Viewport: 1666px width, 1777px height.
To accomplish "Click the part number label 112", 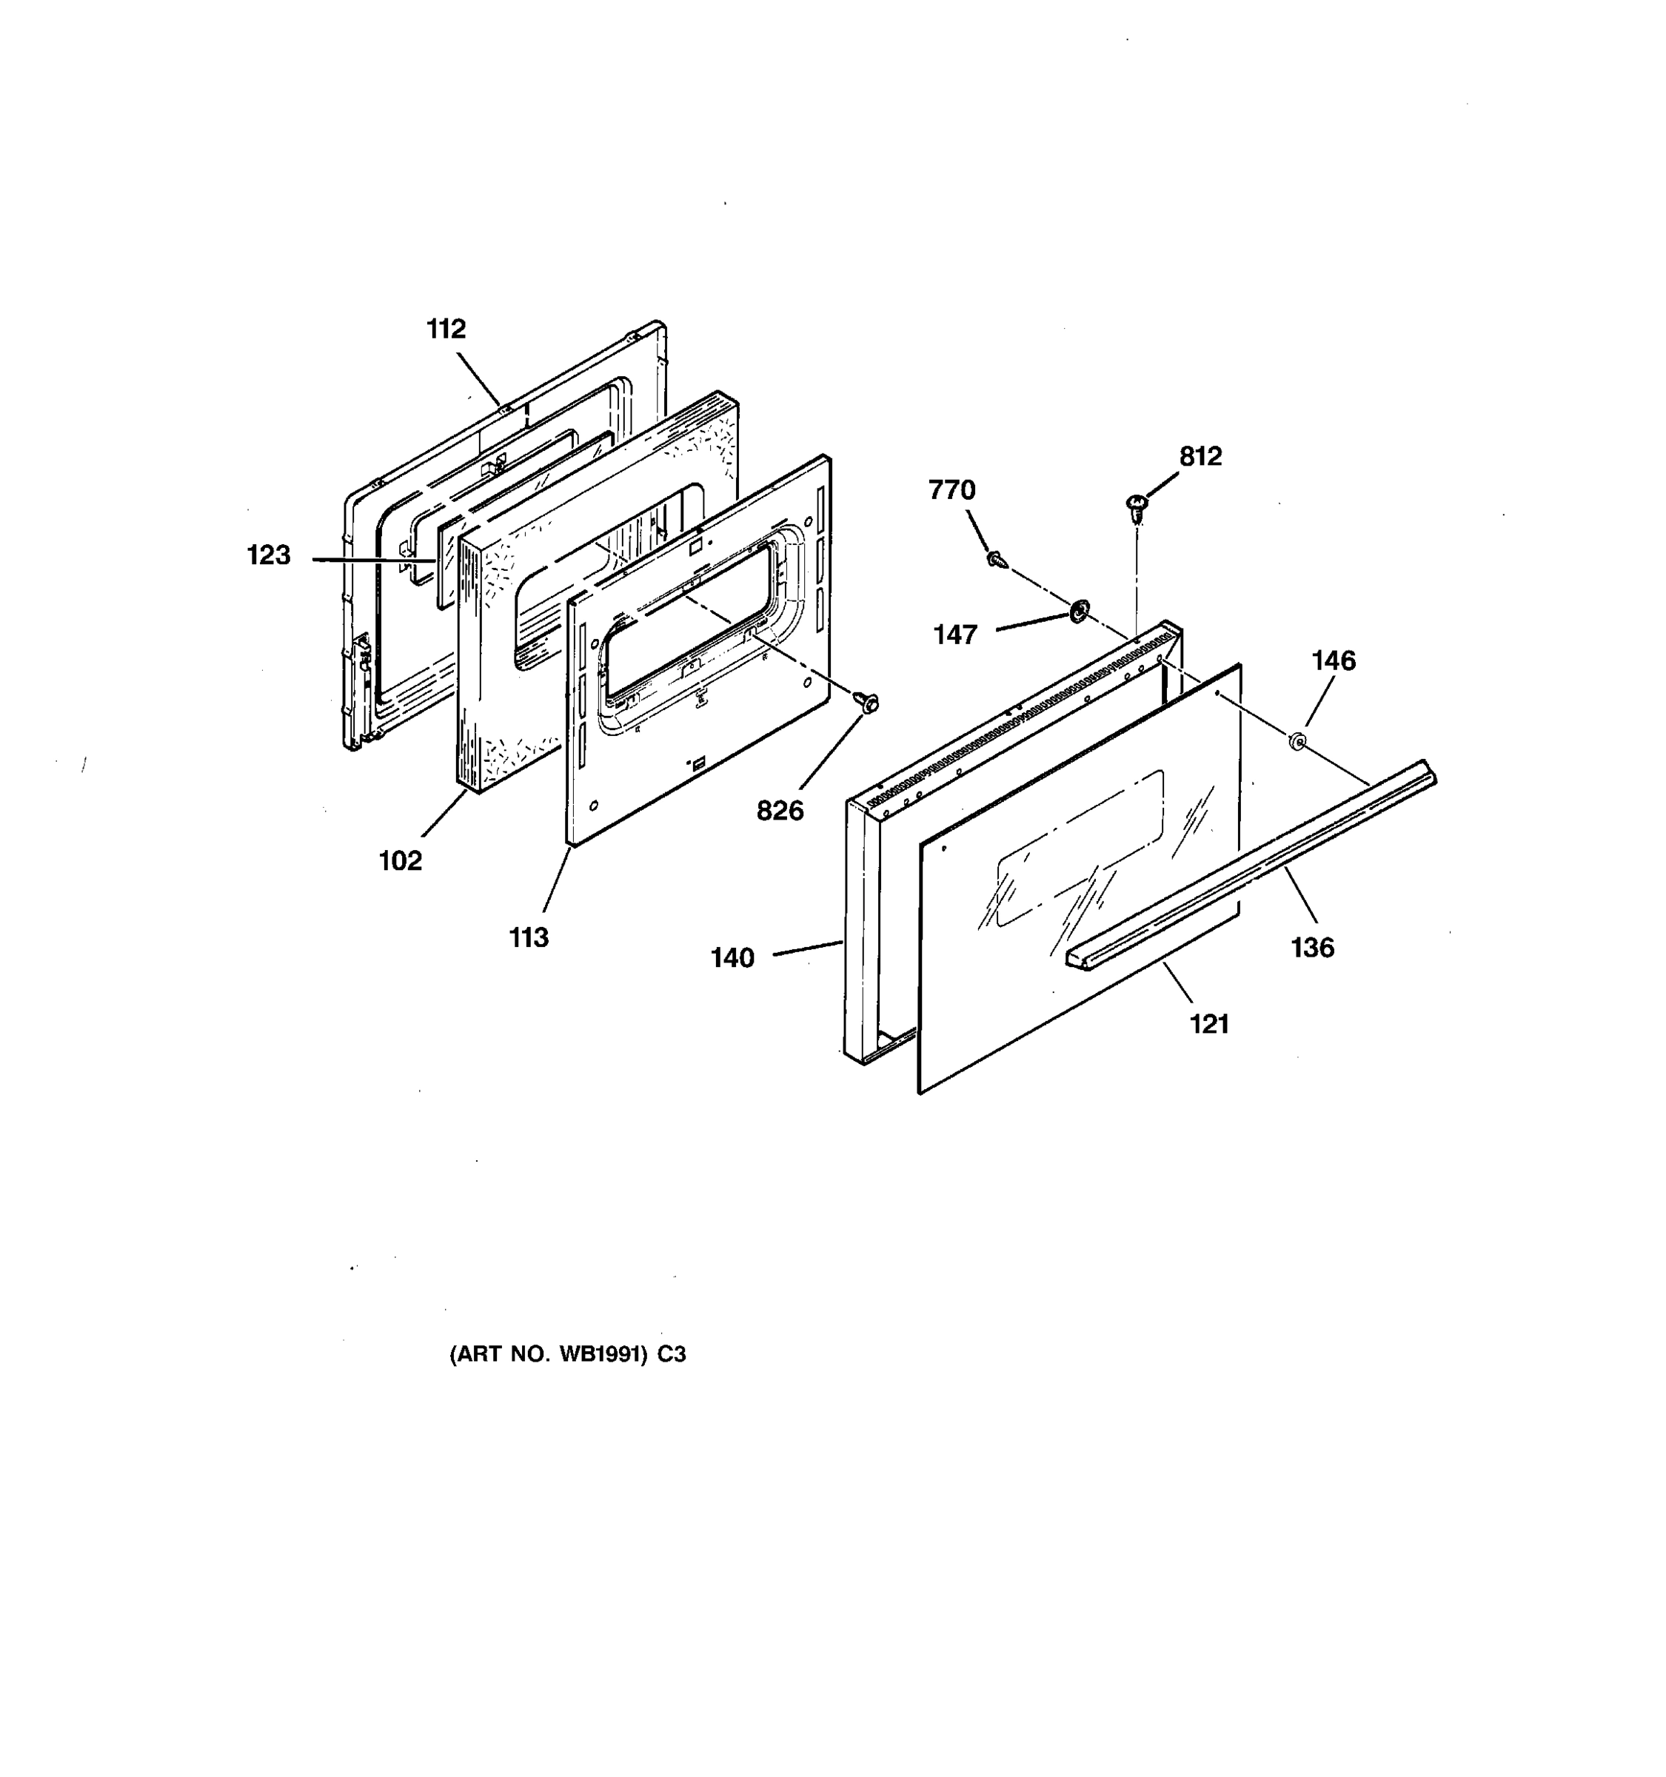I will pos(446,329).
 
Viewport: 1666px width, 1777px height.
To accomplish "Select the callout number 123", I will pos(269,555).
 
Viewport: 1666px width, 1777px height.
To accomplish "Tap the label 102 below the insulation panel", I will pos(401,861).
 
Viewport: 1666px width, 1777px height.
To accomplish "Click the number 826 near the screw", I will pos(780,811).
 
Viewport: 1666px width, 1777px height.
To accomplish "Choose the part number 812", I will pos(1200,457).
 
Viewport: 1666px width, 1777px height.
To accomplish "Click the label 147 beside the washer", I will pos(955,635).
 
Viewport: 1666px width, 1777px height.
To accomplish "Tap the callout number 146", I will pos(1334,660).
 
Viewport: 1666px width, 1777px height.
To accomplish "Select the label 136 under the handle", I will pos(1312,948).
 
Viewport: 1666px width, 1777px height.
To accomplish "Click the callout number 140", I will pos(733,958).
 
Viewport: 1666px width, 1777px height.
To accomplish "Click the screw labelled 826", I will pos(867,703).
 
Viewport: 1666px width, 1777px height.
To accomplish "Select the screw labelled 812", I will pos(1137,509).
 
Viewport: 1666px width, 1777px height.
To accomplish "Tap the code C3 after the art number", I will pos(672,1354).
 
